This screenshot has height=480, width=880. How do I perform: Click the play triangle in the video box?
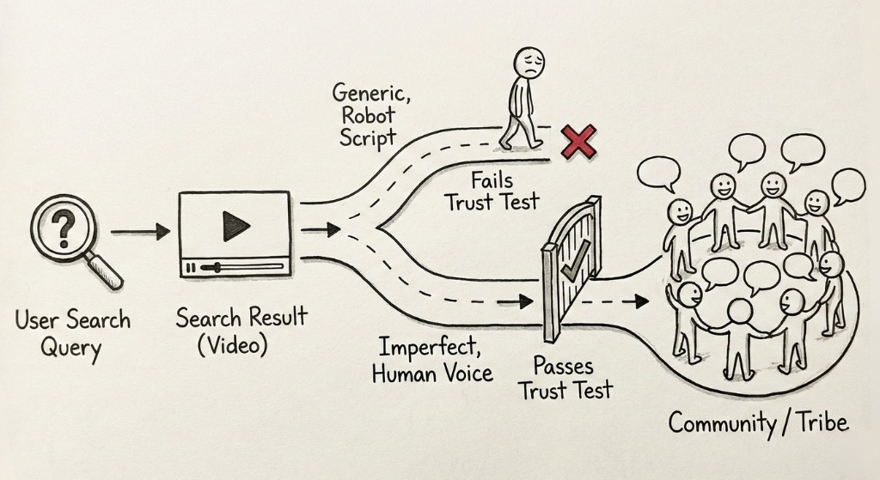point(235,226)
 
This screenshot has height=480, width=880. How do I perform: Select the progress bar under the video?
point(235,268)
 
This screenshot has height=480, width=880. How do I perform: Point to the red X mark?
point(578,140)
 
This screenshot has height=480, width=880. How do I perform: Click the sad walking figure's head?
point(530,64)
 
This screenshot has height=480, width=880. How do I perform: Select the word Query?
point(71,349)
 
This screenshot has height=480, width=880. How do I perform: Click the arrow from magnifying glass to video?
point(141,231)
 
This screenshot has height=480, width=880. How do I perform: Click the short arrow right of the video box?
point(318,229)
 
